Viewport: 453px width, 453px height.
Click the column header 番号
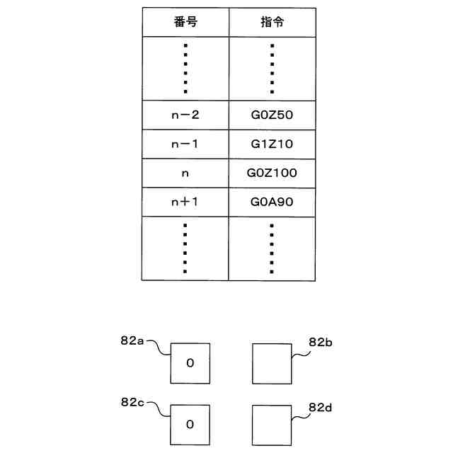pyautogui.click(x=185, y=22)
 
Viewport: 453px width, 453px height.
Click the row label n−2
pyautogui.click(x=185, y=115)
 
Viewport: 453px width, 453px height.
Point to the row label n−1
pyautogui.click(x=185, y=144)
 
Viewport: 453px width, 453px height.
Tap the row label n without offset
pyautogui.click(x=185, y=173)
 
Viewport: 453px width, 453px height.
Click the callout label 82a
pyautogui.click(x=132, y=340)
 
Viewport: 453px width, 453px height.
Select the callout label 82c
pyautogui.click(x=132, y=402)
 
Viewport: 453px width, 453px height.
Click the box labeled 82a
pyautogui.click(x=190, y=363)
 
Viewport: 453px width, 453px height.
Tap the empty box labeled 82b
pyautogui.click(x=272, y=363)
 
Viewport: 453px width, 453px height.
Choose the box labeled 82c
pyautogui.click(x=190, y=424)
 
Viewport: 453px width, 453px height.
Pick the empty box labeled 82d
pyautogui.click(x=272, y=424)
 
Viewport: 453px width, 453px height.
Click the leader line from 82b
pyautogui.click(x=300, y=352)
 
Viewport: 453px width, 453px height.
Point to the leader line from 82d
pyautogui.click(x=300, y=417)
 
